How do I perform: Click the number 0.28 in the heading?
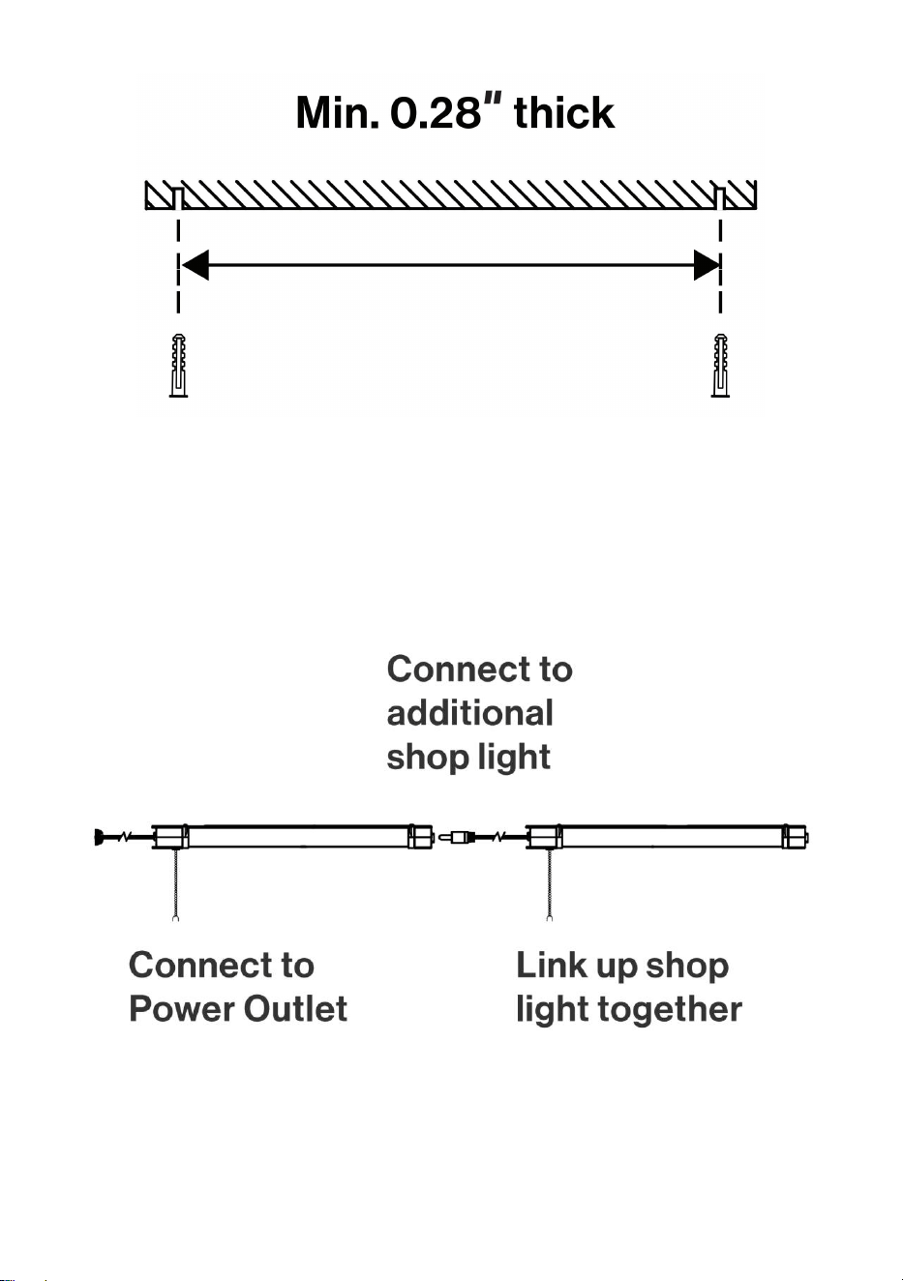click(436, 112)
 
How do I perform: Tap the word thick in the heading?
click(564, 112)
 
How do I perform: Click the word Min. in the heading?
click(337, 112)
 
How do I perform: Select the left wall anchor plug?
click(178, 366)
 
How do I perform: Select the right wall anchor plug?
click(720, 366)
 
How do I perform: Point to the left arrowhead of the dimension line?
click(196, 265)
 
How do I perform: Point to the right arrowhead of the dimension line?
click(707, 265)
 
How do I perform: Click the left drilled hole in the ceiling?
click(178, 198)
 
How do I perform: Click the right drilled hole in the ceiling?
click(721, 198)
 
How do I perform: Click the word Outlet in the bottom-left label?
click(295, 1008)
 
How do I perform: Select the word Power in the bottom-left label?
click(182, 1008)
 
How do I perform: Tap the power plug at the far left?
click(100, 837)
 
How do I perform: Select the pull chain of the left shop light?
click(176, 884)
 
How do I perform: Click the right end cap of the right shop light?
click(796, 837)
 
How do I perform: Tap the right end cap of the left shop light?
click(421, 837)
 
